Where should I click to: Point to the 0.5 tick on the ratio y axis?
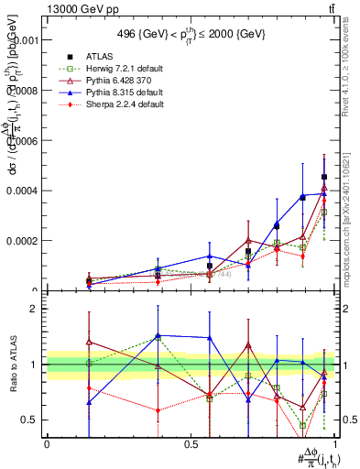29,420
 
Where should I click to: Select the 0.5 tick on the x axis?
191,443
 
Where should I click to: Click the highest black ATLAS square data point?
324,177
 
